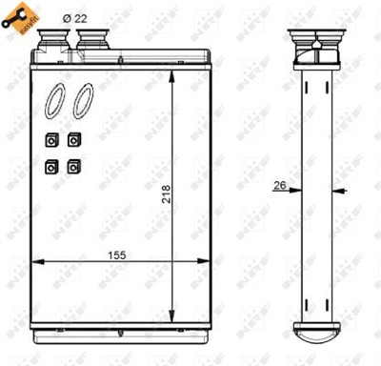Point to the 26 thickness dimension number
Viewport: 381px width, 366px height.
(x=280, y=186)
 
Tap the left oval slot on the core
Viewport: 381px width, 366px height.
(x=56, y=100)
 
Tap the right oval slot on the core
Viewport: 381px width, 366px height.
(x=83, y=100)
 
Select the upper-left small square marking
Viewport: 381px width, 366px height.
(x=51, y=140)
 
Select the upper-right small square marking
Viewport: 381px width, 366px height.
(x=74, y=140)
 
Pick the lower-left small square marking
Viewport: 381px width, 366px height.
(x=51, y=166)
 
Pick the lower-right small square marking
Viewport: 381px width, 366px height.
(x=74, y=166)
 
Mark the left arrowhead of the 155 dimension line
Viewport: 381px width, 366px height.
(x=36, y=259)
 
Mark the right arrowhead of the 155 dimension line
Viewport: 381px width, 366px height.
(x=204, y=259)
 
